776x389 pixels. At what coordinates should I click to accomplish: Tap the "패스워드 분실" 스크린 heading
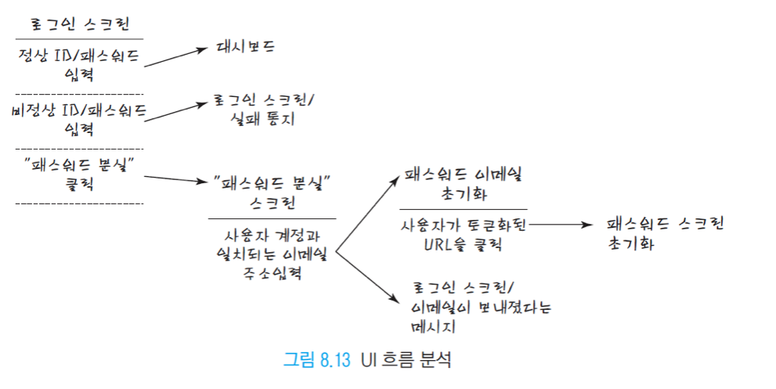tap(271, 193)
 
